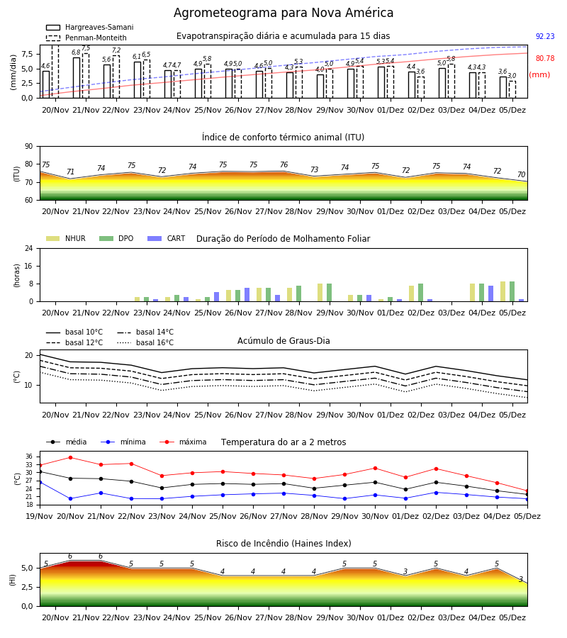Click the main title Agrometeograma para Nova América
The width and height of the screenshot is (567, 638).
(x=283, y=13)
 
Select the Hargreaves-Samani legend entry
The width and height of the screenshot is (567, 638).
(x=89, y=27)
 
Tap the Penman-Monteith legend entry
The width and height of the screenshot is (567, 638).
(x=86, y=38)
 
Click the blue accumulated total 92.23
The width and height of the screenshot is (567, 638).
(x=545, y=36)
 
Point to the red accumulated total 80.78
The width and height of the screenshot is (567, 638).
(x=545, y=58)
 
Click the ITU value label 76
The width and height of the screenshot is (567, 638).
(x=284, y=164)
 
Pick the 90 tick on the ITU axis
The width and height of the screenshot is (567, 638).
(x=29, y=147)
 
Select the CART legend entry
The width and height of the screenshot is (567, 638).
(x=167, y=238)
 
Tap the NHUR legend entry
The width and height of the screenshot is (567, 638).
(x=66, y=238)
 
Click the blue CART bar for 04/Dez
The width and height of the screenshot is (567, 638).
(x=491, y=293)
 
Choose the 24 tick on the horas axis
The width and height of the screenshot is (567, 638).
(x=29, y=248)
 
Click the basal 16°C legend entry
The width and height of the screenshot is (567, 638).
(x=145, y=342)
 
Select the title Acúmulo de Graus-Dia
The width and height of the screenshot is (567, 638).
(x=283, y=340)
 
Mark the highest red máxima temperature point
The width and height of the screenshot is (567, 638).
(x=70, y=457)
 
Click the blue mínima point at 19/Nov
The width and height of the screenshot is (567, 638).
(x=40, y=482)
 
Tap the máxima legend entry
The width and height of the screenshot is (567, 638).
(x=184, y=442)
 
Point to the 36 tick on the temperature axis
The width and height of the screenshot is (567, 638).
(x=29, y=457)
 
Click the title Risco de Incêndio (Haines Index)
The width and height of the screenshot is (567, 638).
(x=283, y=543)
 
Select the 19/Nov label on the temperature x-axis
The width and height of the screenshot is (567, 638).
(x=40, y=516)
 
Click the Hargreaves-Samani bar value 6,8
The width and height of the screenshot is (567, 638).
(x=76, y=52)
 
